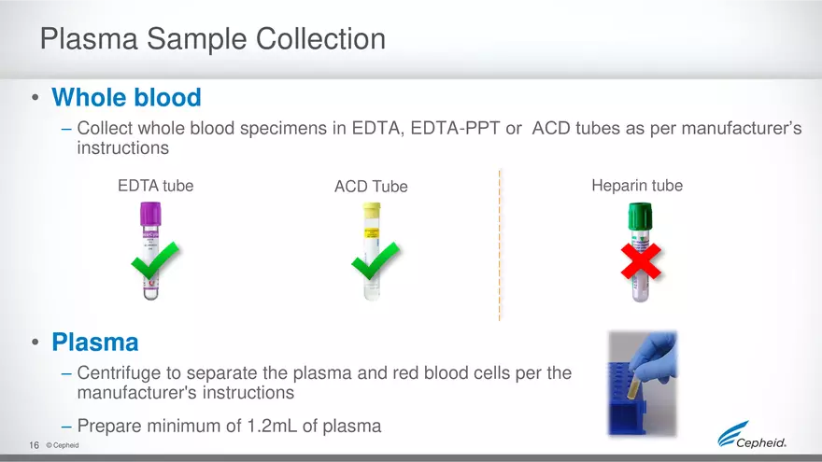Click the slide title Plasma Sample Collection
tap(213, 39)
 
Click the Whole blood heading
tap(126, 97)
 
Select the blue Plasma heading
tap(95, 343)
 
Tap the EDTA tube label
tap(155, 186)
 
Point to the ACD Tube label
tap(371, 187)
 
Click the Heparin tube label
tap(637, 186)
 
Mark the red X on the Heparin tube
tap(642, 261)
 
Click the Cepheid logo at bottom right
tap(752, 437)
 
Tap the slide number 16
tap(34, 446)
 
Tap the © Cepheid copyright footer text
tap(63, 446)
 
